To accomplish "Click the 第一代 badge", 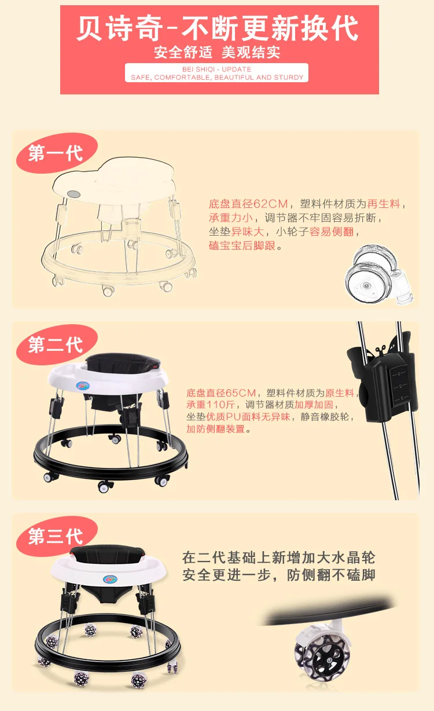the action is click(57, 153).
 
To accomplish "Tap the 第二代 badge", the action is click(57, 344).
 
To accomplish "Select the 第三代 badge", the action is click(57, 536).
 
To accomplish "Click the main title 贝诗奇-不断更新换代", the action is click(218, 28).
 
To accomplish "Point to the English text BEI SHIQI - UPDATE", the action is click(216, 69).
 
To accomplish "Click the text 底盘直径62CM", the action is click(248, 204).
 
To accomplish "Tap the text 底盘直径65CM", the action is click(221, 393).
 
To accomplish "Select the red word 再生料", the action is click(384, 204).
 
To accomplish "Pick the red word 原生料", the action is click(340, 393).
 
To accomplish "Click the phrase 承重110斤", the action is click(211, 405).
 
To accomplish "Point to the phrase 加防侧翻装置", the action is click(215, 429).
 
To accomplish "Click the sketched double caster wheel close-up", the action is click(379, 275).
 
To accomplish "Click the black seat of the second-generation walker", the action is click(123, 362).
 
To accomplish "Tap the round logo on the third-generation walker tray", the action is click(110, 579).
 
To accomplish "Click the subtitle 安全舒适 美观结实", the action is click(217, 52).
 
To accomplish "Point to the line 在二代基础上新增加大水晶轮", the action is click(278, 558).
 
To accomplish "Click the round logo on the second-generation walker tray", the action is click(83, 386).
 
